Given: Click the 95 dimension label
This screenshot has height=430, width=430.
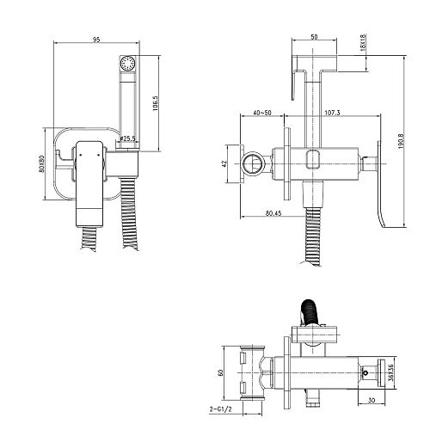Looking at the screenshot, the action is [x=96, y=40].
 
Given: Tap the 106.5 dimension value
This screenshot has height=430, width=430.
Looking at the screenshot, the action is [x=156, y=103].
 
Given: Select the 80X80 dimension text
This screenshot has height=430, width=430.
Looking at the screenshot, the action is [x=41, y=164].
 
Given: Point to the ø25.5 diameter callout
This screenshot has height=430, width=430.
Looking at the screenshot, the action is [x=127, y=138].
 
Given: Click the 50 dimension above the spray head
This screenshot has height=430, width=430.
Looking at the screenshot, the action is [x=314, y=37].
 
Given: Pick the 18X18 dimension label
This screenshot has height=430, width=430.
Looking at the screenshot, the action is [x=363, y=42].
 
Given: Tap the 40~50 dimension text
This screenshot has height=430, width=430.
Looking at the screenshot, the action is [x=262, y=113].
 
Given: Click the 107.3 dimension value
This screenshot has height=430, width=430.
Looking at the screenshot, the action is [x=333, y=113].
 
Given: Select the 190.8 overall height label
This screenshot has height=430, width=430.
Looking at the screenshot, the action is [x=401, y=141].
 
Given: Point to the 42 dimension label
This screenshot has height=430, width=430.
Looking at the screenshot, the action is [x=224, y=163].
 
